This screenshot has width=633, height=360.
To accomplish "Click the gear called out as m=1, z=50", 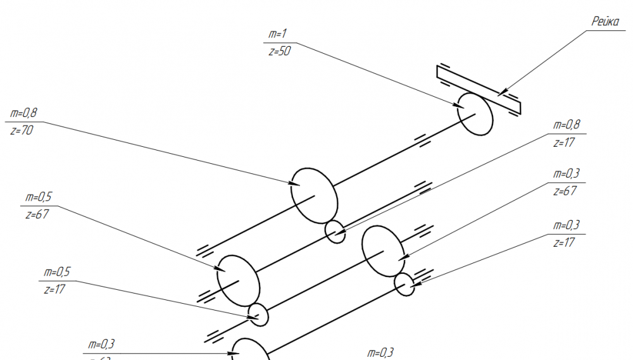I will click(x=475, y=113).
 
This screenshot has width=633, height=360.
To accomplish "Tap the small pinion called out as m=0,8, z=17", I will click(x=335, y=232).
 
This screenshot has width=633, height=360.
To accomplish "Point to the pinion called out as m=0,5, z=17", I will click(x=258, y=314).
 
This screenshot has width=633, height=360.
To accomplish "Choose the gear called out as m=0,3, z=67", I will click(x=383, y=252).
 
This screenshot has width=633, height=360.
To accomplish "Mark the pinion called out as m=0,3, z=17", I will click(x=404, y=285).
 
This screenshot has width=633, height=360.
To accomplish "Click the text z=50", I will click(x=279, y=52).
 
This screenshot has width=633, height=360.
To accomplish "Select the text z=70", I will click(x=22, y=130).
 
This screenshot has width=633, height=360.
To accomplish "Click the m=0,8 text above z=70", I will click(x=25, y=114).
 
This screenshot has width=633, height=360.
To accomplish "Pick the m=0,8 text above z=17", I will click(x=567, y=125).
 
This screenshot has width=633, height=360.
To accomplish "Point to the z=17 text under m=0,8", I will click(x=563, y=142).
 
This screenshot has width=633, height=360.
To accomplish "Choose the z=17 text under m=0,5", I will click(x=56, y=289).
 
